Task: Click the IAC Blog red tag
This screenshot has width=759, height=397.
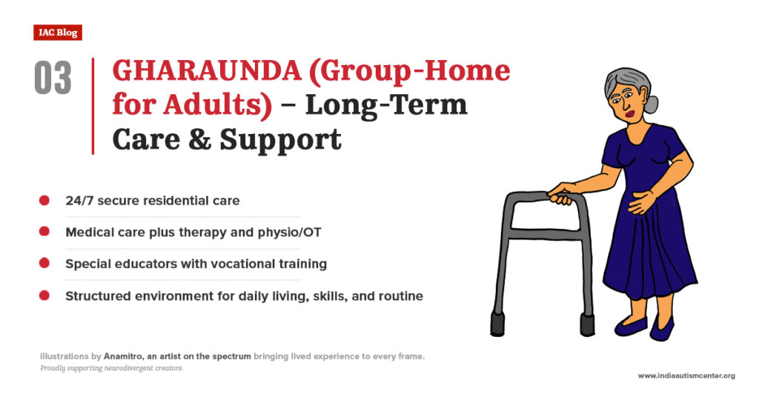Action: pyautogui.click(x=57, y=33)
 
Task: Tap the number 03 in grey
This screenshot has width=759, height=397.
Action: pyautogui.click(x=53, y=79)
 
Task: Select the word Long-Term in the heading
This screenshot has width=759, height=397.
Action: pyautogui.click(x=386, y=105)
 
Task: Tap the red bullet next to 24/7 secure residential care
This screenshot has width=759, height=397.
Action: pyautogui.click(x=44, y=201)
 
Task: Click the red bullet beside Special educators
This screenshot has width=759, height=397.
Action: pyautogui.click(x=44, y=264)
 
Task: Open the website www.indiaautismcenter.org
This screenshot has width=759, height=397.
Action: pyautogui.click(x=686, y=376)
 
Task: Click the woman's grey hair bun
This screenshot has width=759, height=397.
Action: pyautogui.click(x=650, y=104)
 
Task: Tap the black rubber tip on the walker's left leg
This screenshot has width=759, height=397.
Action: pyautogui.click(x=497, y=323)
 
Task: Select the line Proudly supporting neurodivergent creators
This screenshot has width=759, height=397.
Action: pyautogui.click(x=111, y=368)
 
